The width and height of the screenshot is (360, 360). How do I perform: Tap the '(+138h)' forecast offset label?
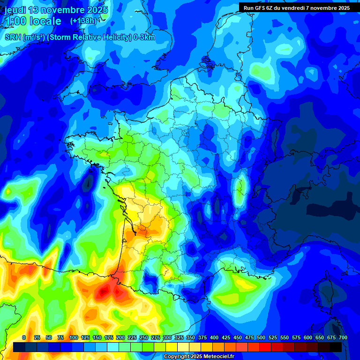pos(83,21)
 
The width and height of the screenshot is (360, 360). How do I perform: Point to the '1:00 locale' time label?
pos(33,21)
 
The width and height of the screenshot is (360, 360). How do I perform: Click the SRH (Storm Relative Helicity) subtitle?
pos(80,37)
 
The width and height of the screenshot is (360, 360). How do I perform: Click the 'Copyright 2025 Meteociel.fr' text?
pos(199,357)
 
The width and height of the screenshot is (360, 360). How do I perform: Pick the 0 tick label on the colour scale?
pos(24,337)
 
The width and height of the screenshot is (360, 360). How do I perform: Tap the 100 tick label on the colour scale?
pos(73,337)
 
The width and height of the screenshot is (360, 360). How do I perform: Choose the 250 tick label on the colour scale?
pos(144,337)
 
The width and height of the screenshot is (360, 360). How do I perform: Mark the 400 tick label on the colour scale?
pos(214,337)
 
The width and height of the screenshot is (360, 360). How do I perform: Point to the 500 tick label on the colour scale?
pos(261,337)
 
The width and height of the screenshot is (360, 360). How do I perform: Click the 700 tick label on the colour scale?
pos(343,337)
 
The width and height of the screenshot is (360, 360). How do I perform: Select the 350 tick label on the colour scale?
pos(191,337)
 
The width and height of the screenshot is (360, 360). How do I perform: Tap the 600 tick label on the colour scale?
pos(308,337)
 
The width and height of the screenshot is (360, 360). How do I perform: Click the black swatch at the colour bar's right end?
pos(336,347)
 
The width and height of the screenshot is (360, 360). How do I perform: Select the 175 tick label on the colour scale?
pos(109,337)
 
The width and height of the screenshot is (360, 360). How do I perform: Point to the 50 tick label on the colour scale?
pos(49,337)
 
